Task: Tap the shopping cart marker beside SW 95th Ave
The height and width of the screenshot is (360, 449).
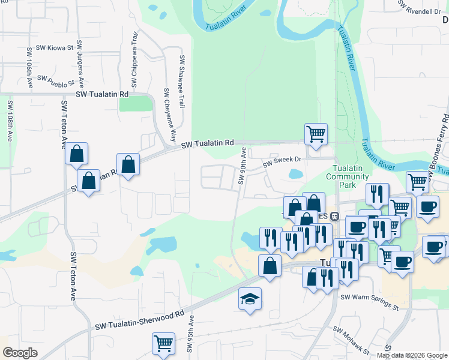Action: coord(163,344)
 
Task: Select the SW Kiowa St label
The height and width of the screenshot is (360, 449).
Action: coord(54,47)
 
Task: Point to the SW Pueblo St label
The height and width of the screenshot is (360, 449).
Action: coord(55,79)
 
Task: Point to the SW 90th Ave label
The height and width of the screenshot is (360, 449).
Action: coord(243,166)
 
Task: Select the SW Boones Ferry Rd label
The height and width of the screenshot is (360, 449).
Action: coord(440,142)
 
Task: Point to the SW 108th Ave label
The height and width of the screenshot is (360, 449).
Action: coord(10,120)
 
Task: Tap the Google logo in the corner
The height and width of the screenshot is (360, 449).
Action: coord(20,352)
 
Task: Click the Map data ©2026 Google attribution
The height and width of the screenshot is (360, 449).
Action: coord(412,355)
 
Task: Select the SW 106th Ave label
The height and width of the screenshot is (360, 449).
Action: coord(29,69)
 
